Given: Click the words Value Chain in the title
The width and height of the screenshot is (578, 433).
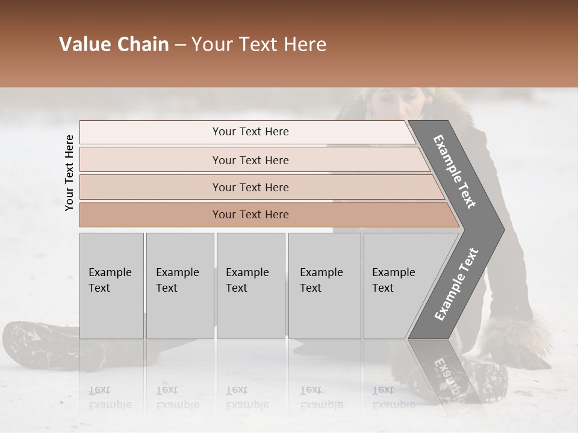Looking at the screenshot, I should click(x=114, y=45).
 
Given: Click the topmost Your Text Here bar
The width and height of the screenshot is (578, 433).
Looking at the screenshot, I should click(x=250, y=132).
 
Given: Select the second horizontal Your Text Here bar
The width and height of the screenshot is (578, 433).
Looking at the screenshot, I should click(x=250, y=160).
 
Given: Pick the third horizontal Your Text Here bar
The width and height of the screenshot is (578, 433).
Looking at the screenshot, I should click(x=250, y=187).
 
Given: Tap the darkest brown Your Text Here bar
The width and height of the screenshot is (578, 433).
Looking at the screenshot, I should click(x=250, y=215).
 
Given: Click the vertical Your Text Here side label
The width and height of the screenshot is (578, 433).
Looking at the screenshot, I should click(x=69, y=173).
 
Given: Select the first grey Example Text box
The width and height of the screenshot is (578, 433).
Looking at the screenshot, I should click(x=111, y=286).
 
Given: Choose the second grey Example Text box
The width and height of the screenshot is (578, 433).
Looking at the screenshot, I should click(x=179, y=286).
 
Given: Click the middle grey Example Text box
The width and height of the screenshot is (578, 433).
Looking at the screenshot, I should click(x=250, y=286).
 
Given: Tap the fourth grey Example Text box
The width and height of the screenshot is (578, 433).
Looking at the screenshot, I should click(x=324, y=286).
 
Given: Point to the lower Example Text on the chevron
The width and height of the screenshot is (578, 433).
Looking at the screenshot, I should click(x=456, y=284).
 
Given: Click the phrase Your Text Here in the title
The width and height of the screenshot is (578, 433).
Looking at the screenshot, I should click(x=259, y=45).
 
